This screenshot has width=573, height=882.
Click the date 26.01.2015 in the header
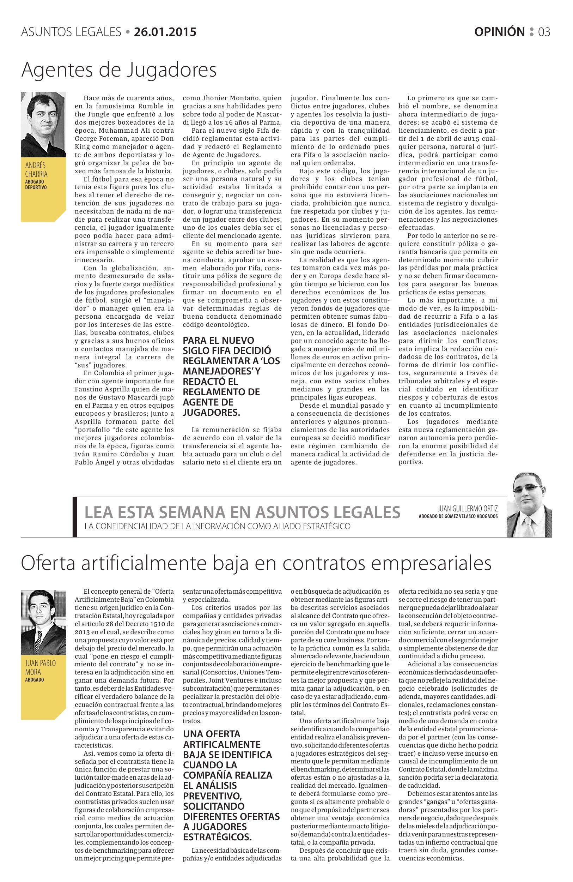pos(165,32)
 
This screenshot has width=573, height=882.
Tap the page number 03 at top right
pos(544,32)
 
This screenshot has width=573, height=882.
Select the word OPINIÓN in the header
pos(499,32)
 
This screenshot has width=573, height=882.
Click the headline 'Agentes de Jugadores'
pos(119,70)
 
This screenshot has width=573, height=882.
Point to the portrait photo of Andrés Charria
pos(43,124)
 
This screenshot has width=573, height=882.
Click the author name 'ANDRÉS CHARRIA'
pos(36,169)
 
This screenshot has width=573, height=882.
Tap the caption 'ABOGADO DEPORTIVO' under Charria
pos(36,185)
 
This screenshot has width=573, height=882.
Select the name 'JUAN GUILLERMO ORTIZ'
pos(467,509)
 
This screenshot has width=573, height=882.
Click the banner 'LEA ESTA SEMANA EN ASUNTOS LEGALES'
pos(243,512)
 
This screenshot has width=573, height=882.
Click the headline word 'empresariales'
pos(431,564)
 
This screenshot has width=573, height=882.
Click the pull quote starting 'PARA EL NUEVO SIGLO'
pos(231,376)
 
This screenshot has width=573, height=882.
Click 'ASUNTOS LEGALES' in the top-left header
pos(71,32)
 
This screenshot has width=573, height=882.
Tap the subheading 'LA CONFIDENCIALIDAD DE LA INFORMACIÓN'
pos(217,526)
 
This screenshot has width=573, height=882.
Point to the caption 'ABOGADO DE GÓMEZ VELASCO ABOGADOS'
pos(458,516)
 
